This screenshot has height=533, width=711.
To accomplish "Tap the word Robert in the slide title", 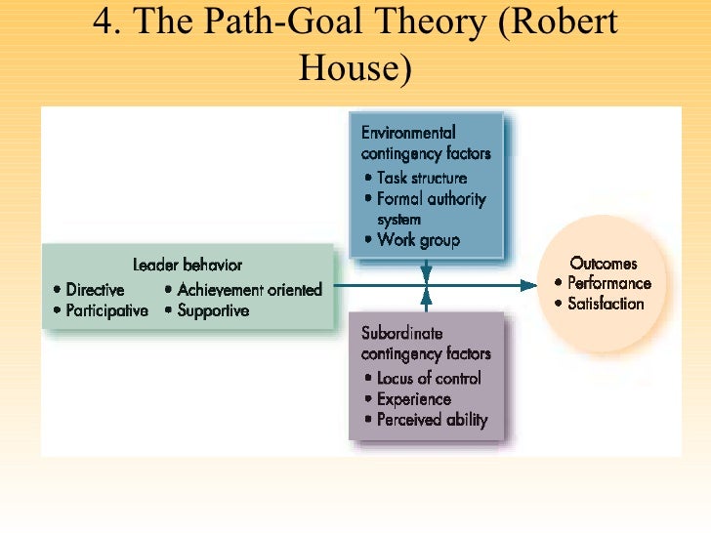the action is [x=559, y=21].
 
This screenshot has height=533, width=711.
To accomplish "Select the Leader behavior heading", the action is [x=188, y=265].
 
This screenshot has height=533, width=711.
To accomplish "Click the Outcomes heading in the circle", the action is [x=604, y=263].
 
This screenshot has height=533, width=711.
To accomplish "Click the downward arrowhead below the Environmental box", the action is [x=426, y=276].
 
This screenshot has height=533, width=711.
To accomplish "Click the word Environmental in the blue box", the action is [x=408, y=133].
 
